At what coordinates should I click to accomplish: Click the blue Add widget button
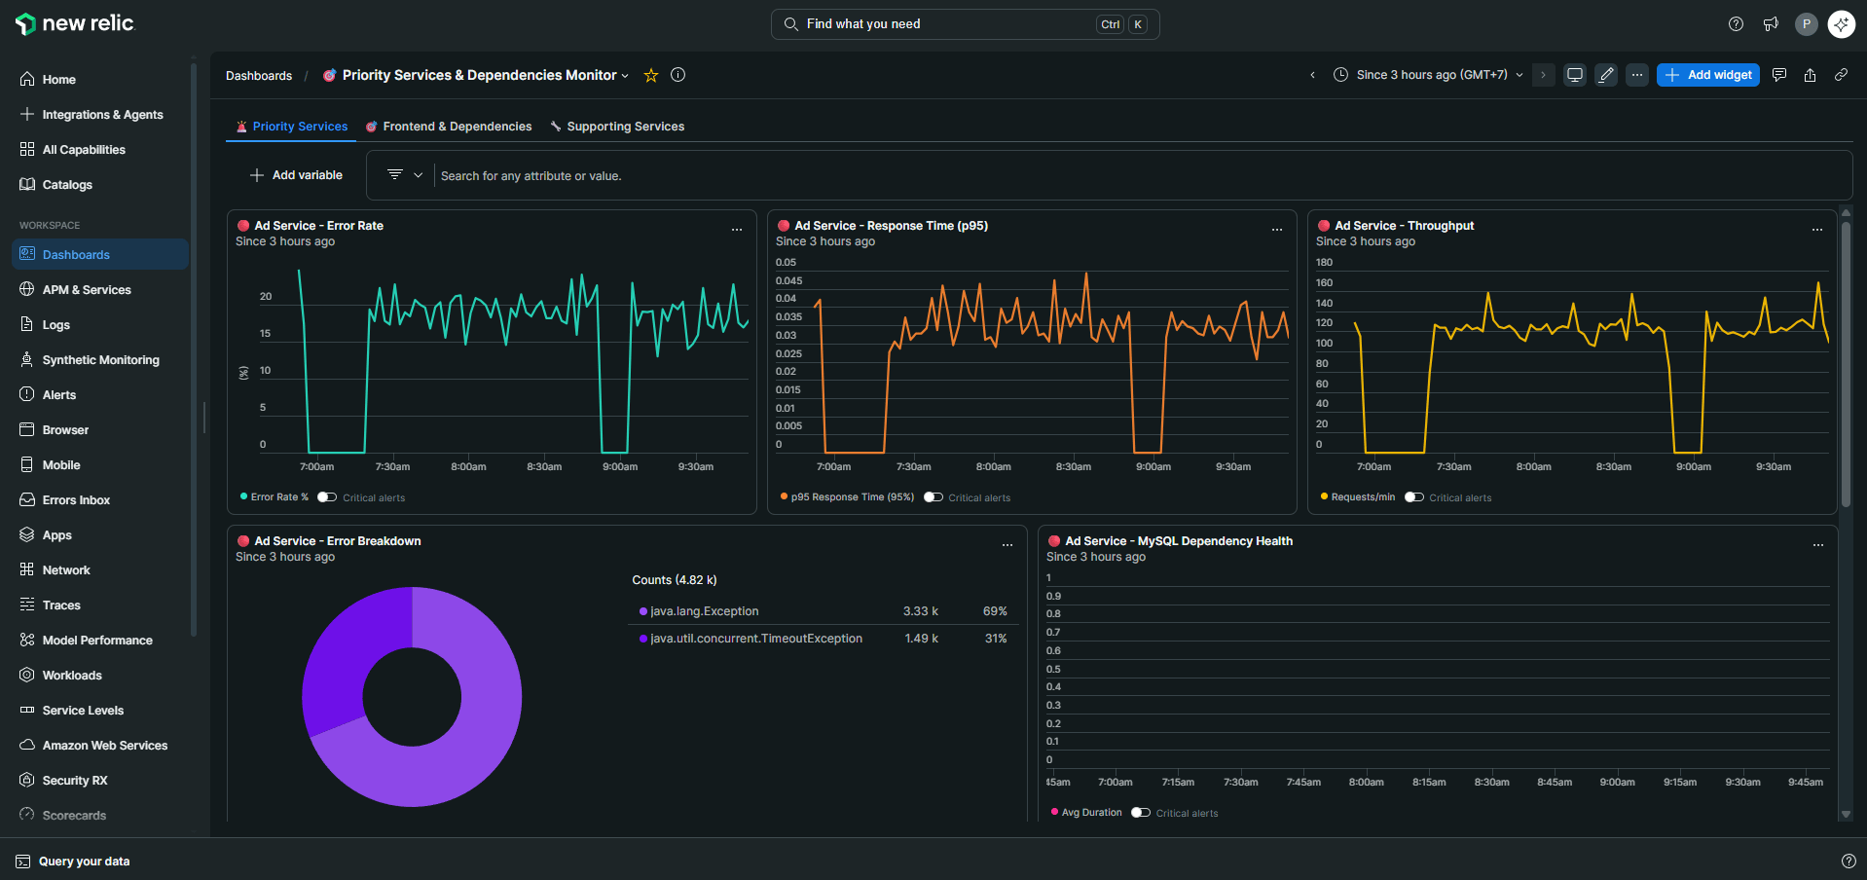tap(1708, 75)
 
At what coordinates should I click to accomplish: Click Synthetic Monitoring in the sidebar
tap(100, 360)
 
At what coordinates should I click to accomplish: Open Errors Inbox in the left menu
tap(76, 500)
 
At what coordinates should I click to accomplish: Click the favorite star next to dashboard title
tap(651, 75)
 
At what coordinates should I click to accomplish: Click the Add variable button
tap(297, 175)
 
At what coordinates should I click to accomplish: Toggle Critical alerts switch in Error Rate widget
tap(327, 497)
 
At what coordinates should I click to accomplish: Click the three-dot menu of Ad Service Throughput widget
tap(1816, 230)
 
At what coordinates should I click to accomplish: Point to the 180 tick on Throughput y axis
tap(1324, 263)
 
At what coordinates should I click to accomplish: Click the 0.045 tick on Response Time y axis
tap(788, 281)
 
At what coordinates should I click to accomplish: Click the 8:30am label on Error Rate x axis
tap(544, 467)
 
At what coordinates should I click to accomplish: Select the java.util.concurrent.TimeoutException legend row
tap(755, 639)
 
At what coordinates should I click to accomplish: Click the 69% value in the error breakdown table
tap(994, 611)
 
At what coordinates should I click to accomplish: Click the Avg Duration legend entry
tap(1090, 813)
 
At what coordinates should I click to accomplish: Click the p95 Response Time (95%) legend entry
tap(851, 497)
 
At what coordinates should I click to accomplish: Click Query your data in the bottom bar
tap(84, 862)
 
